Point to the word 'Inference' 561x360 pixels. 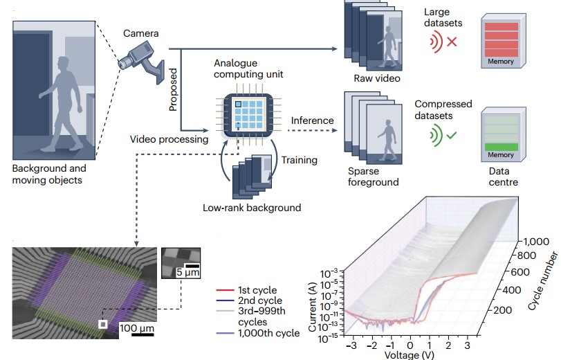tap(312, 120)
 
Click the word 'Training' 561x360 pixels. tap(299, 160)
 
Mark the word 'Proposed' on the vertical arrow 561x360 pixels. tap(174, 89)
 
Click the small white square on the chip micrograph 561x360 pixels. tap(102, 324)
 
